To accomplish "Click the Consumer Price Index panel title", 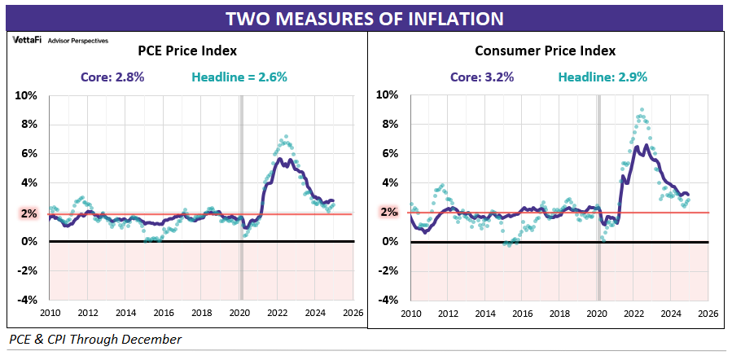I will (x=545, y=50).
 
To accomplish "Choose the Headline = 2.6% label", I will (x=239, y=78).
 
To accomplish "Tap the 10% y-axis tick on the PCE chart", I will (x=26, y=94).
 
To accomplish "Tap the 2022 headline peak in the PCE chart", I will (x=284, y=137).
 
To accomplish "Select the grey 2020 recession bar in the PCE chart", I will (x=240, y=195).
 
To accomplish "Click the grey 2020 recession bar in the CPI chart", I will (x=599, y=195).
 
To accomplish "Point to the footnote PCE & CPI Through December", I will (x=94, y=339).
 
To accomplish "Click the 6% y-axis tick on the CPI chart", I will (x=389, y=153).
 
